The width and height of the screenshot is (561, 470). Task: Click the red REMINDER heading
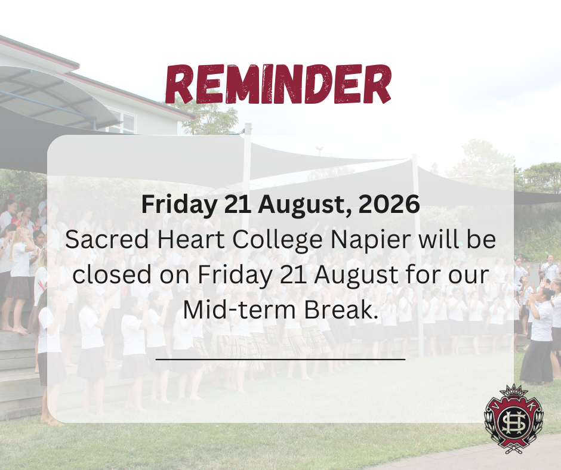pos(278,85)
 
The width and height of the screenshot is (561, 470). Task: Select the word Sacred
pos(107,239)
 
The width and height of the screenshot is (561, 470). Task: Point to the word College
pos(278,240)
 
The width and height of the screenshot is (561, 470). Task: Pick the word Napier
pos(370,240)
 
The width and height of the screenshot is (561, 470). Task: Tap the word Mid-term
pos(239,309)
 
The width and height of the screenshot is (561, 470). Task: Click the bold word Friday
pos(179,205)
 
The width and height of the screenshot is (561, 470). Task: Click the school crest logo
pos(514,419)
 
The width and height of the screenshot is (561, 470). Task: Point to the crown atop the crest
pos(514,391)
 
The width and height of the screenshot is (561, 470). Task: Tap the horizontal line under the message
pos(280,358)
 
